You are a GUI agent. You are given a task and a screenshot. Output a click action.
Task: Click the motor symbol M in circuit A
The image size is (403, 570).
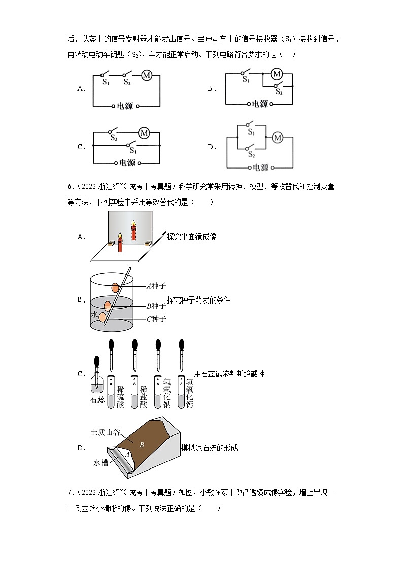147,75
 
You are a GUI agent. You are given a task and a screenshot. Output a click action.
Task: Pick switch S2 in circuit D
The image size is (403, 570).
250,150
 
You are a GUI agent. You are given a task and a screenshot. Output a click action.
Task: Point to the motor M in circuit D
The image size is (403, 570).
277,138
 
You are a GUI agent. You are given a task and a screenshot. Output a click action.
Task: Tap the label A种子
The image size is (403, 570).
156,286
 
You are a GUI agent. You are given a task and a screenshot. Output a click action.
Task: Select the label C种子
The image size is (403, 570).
156,319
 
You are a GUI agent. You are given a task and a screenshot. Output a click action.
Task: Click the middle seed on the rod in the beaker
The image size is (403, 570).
108,306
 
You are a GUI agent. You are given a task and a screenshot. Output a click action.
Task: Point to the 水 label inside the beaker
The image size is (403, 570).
94,315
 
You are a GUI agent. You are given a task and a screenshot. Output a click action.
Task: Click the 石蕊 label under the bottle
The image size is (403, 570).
97,399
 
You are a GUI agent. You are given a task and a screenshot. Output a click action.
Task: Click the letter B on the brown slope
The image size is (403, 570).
142,445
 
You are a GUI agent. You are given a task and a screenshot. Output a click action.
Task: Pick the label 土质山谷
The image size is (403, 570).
105,432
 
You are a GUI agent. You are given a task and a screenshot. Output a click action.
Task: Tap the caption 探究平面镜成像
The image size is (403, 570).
191,237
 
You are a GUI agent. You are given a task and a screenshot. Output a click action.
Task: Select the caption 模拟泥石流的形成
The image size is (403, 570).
209,448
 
